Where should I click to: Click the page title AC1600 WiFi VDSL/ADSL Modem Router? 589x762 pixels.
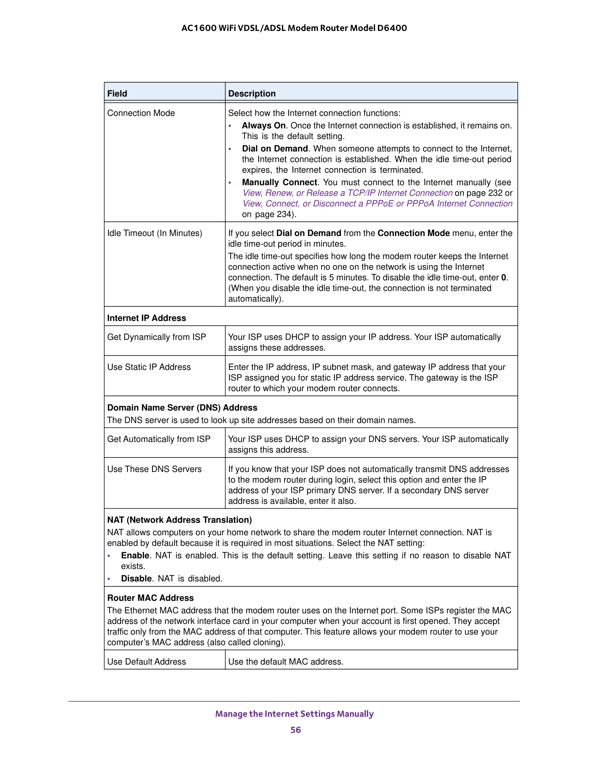coord(294,28)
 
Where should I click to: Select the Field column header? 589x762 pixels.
coord(117,94)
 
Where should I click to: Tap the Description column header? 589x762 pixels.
coord(252,94)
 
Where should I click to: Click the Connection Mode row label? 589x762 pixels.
coord(141,113)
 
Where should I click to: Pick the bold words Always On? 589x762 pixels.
coord(263,126)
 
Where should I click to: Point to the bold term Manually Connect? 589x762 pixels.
coord(279,182)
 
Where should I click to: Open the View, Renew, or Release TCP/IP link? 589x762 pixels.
coord(347,193)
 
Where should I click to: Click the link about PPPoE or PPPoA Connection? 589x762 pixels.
coord(377,204)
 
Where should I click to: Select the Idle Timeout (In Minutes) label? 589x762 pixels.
coord(155,233)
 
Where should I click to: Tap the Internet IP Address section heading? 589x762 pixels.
coord(146,318)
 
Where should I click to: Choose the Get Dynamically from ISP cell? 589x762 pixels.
coord(157,337)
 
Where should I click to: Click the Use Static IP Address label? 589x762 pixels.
coord(149,367)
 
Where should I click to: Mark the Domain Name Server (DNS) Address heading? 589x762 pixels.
coord(182,408)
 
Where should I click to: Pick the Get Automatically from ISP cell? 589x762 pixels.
coord(159,439)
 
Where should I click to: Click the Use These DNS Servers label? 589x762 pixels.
coord(154,469)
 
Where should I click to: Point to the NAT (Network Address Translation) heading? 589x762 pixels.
coord(179,520)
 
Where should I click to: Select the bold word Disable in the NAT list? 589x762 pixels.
coord(136,579)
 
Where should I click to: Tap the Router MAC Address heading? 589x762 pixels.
coord(150,598)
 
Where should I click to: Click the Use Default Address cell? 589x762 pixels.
coord(146,662)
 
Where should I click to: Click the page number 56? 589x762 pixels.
coord(296,730)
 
